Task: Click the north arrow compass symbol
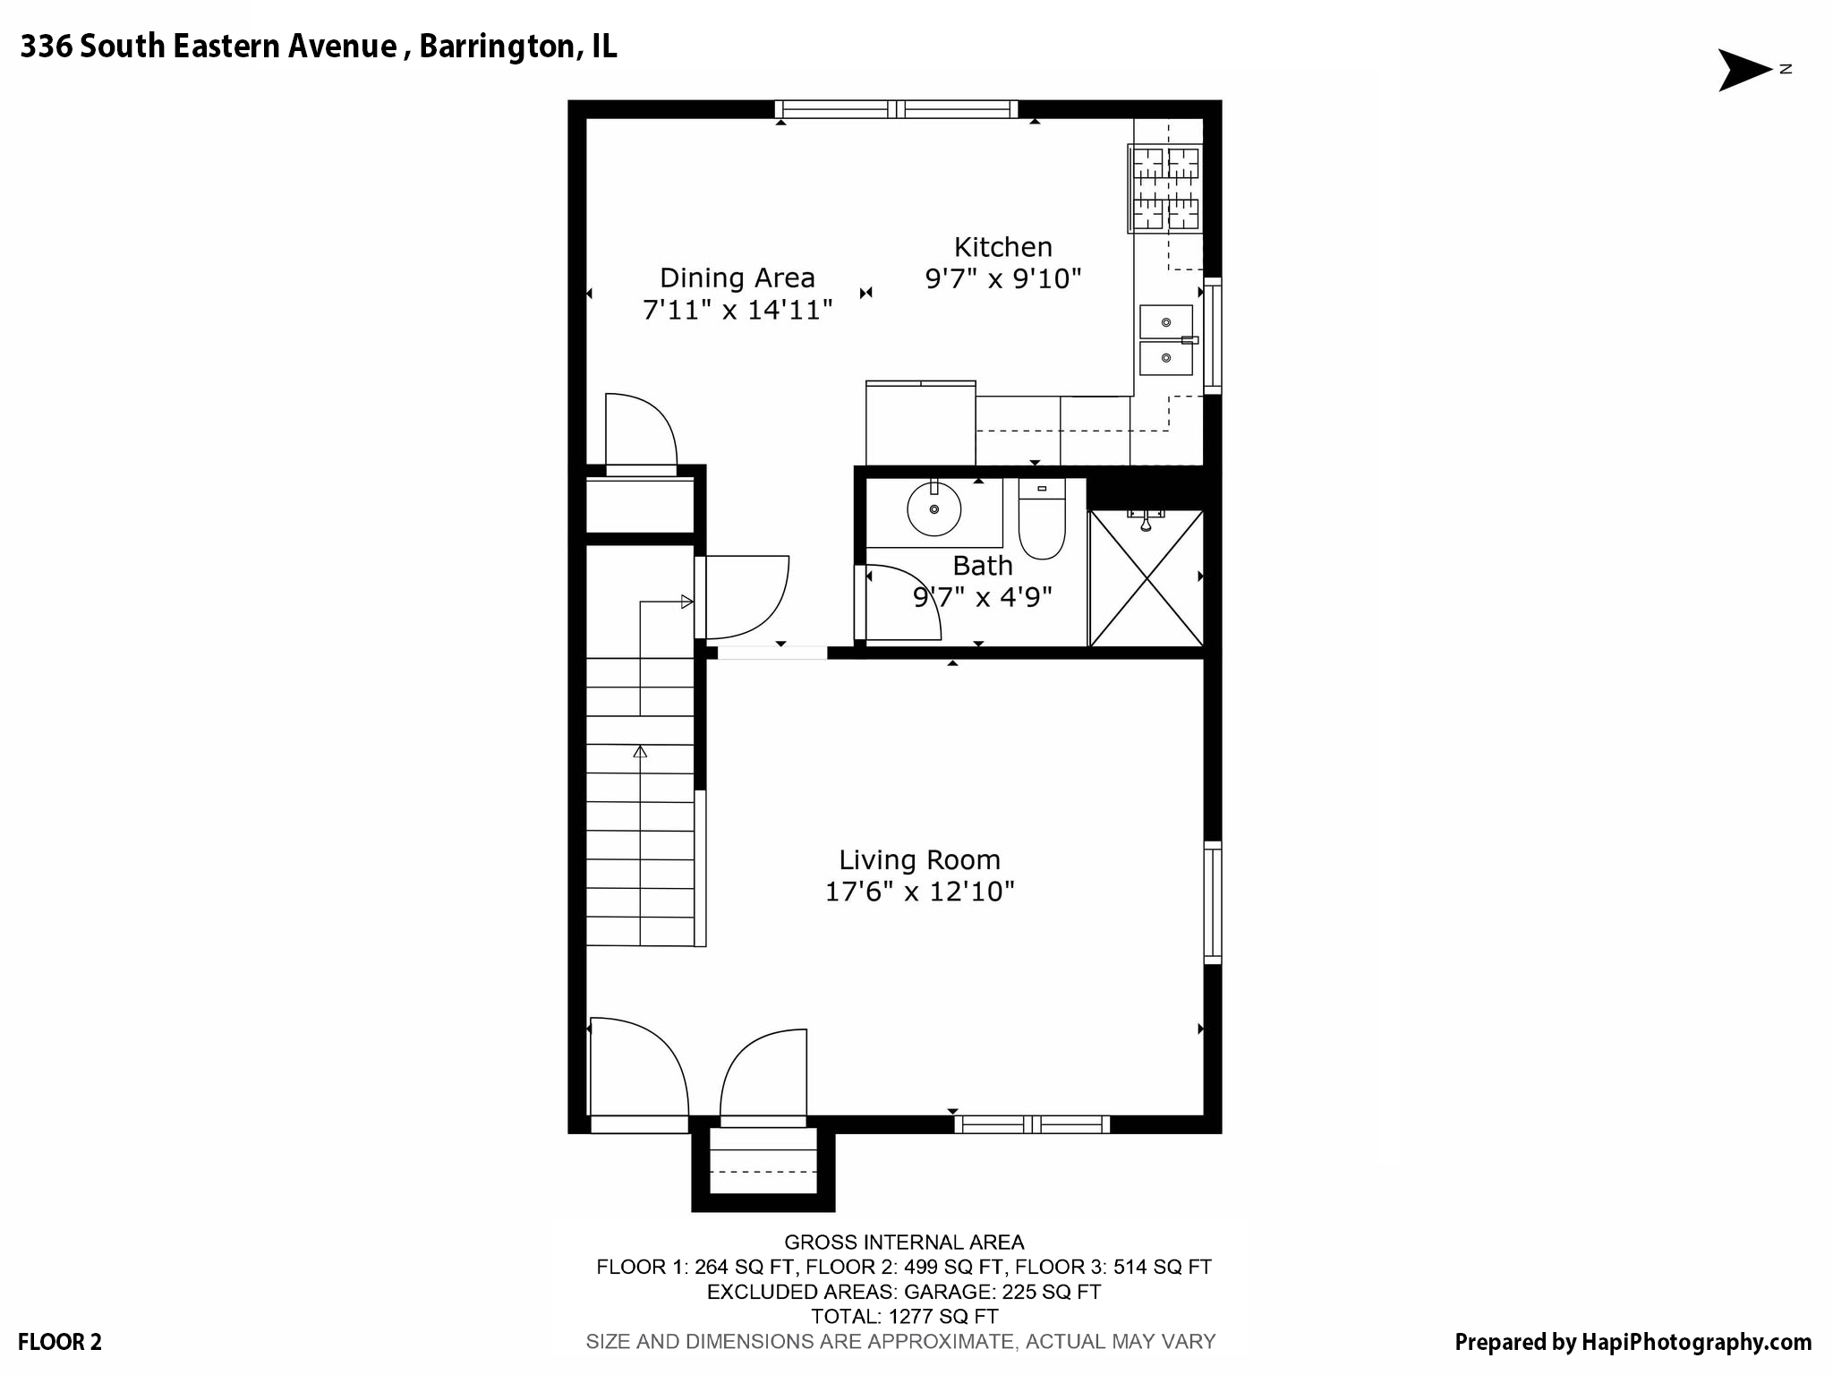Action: coord(1745,70)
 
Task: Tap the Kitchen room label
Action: coord(1002,247)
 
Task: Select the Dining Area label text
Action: coord(737,278)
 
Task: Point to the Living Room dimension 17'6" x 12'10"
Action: coord(919,892)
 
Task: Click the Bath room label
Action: coord(983,566)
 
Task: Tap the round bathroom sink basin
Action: coord(934,509)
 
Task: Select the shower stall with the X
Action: coord(1146,578)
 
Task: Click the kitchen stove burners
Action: coord(1165,189)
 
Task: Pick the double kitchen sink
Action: coord(1165,340)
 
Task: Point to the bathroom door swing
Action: coord(899,602)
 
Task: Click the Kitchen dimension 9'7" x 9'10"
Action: coord(1002,279)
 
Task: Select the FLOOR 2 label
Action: coord(60,1342)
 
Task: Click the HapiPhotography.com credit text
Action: coord(1633,1342)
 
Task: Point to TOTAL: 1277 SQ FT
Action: coord(904,1316)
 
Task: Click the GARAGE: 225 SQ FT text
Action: coord(1002,1292)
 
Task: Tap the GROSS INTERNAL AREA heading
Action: coord(904,1242)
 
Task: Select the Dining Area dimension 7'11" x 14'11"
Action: coord(737,310)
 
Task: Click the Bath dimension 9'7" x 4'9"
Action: coord(983,597)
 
